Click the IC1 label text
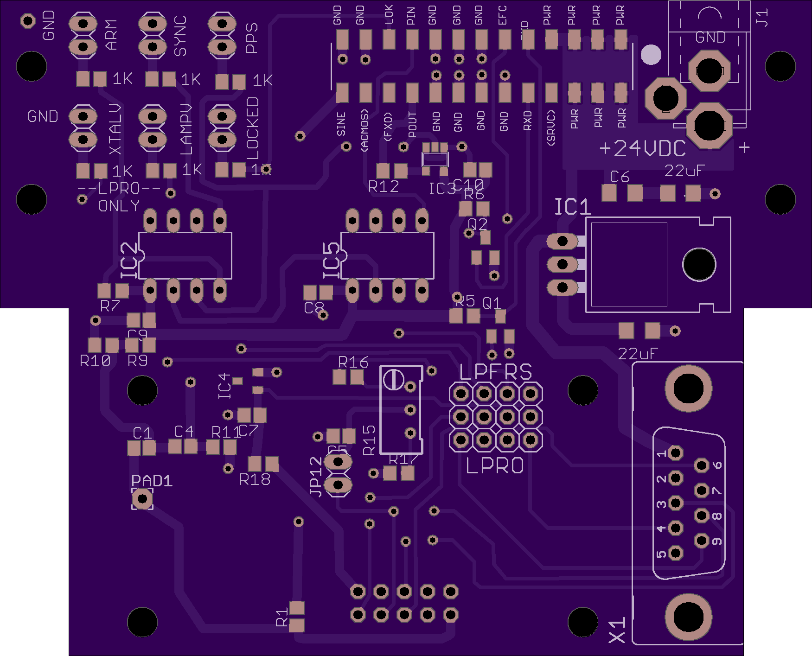pyautogui.click(x=573, y=207)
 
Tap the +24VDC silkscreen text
pyautogui.click(x=642, y=148)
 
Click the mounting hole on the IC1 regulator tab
pyautogui.click(x=699, y=264)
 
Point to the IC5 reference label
pyautogui.click(x=332, y=261)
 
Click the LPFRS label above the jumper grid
pyautogui.click(x=495, y=372)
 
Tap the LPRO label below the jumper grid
pyautogui.click(x=495, y=466)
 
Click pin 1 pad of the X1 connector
pyautogui.click(x=676, y=453)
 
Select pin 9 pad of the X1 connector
pyautogui.click(x=702, y=540)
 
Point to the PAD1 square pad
pyautogui.click(x=142, y=499)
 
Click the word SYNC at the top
pyautogui.click(x=180, y=36)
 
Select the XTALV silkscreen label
pyautogui.click(x=115, y=129)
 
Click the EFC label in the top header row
pyautogui.click(x=503, y=15)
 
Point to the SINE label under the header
pyautogui.click(x=341, y=124)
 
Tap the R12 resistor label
pyautogui.click(x=384, y=187)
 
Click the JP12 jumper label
pyautogui.click(x=316, y=477)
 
